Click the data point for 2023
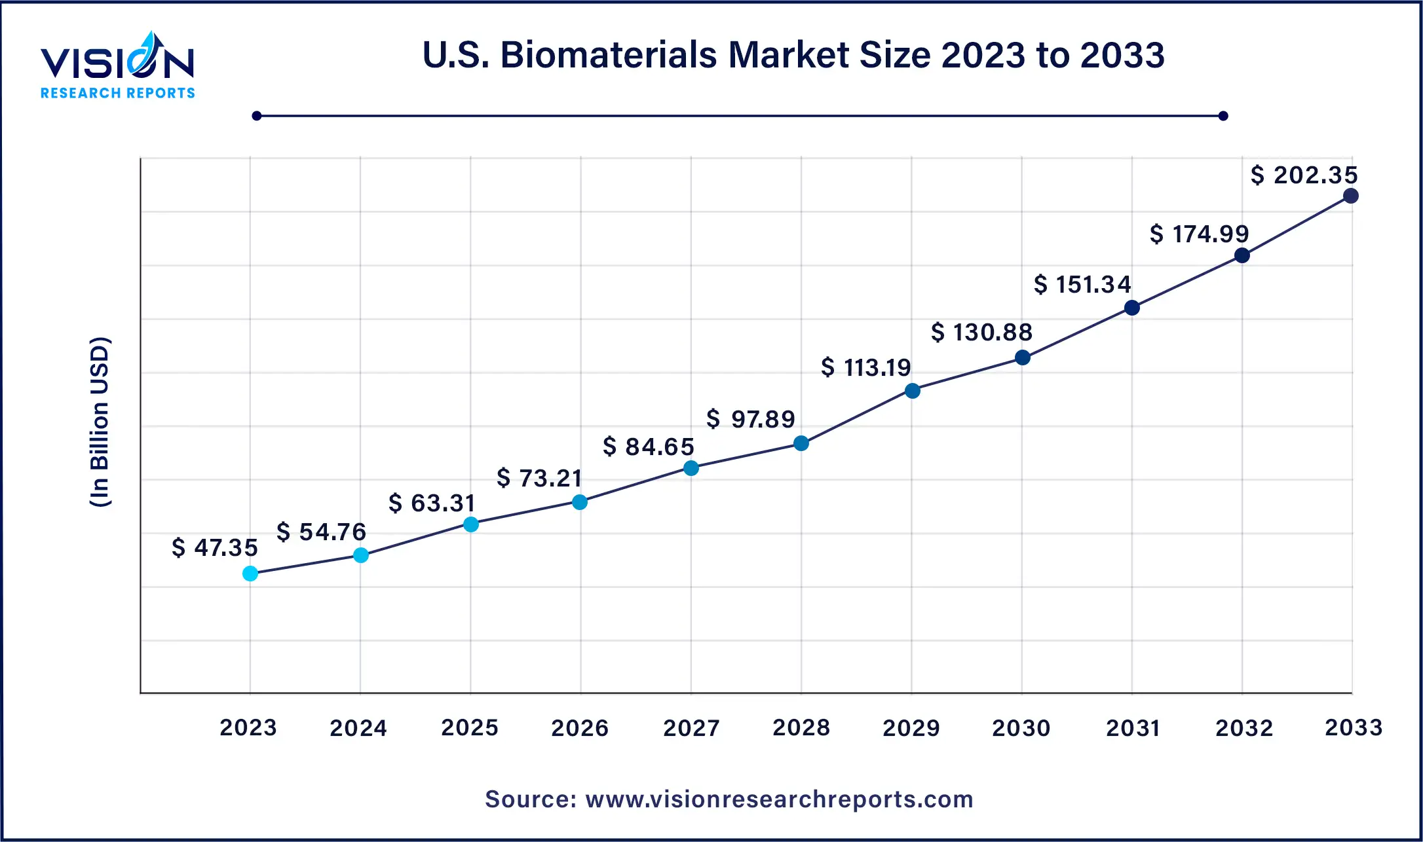tap(250, 574)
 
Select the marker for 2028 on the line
tap(801, 443)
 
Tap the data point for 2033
tap(1350, 196)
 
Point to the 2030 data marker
tap(1022, 357)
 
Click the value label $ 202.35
tap(1304, 175)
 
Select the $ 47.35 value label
tap(215, 547)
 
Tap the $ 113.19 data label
tap(865, 367)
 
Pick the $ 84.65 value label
tap(648, 447)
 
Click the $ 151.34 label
tap(1082, 284)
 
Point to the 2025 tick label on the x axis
tap(470, 727)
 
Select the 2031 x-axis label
tap(1133, 727)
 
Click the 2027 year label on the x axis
tap(691, 727)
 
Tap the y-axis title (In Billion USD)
tap(100, 422)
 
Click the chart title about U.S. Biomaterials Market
tap(793, 54)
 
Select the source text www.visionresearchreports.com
tap(729, 799)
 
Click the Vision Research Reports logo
tap(118, 65)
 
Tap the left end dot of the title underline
tap(257, 116)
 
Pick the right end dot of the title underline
tap(1223, 116)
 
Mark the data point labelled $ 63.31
tap(470, 524)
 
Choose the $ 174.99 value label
tap(1199, 234)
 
